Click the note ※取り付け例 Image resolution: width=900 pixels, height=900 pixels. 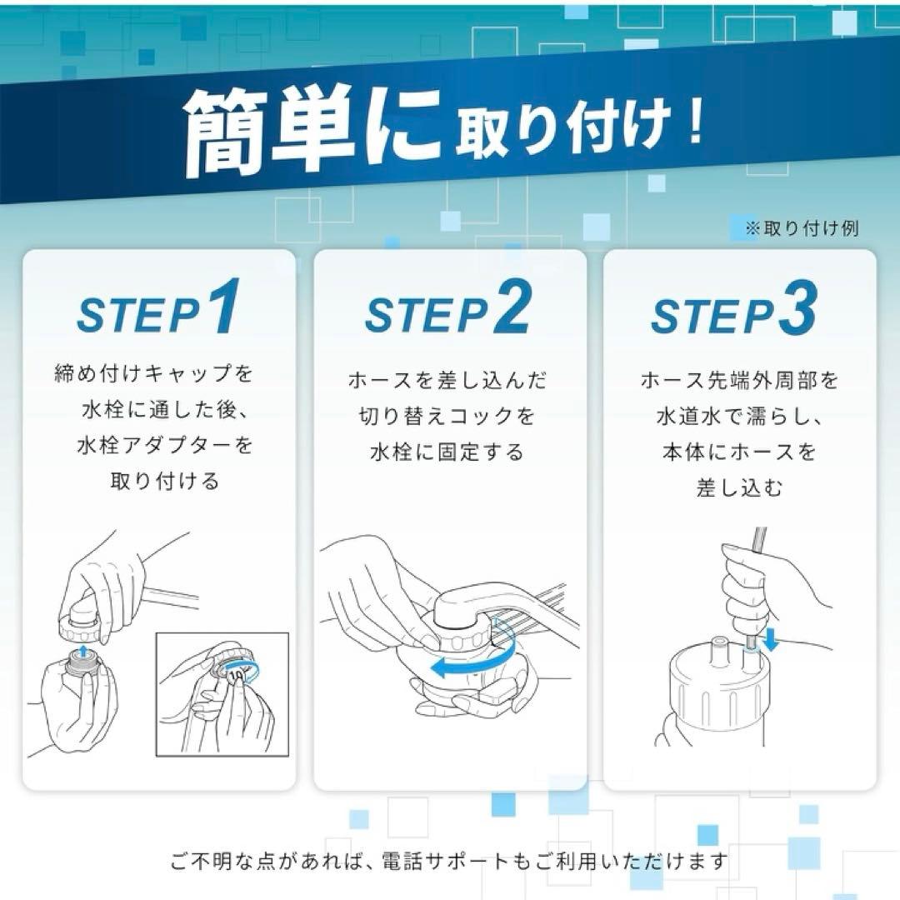(x=801, y=228)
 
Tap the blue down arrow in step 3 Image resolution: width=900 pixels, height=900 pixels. (x=770, y=640)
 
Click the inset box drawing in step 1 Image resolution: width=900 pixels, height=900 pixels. (x=222, y=693)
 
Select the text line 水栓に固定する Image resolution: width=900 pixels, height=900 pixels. (x=447, y=452)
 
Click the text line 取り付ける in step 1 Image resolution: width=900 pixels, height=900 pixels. (x=164, y=481)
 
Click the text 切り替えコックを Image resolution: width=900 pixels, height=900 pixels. (x=447, y=417)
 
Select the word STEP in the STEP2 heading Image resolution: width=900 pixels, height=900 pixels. (x=425, y=315)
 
